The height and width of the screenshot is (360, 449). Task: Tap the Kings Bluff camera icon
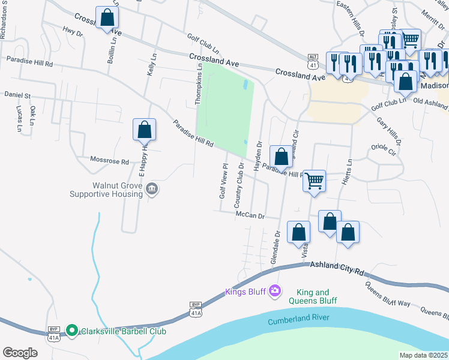[x=275, y=291]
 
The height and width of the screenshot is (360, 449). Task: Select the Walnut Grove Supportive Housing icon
[x=152, y=190]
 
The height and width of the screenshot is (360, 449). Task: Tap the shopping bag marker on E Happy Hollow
[x=145, y=129]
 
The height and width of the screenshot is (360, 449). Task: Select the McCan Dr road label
[x=250, y=215]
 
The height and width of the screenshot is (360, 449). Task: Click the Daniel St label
[x=17, y=95]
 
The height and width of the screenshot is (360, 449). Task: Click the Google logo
[x=20, y=352]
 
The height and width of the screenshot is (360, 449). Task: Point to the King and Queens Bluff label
[x=313, y=296]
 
